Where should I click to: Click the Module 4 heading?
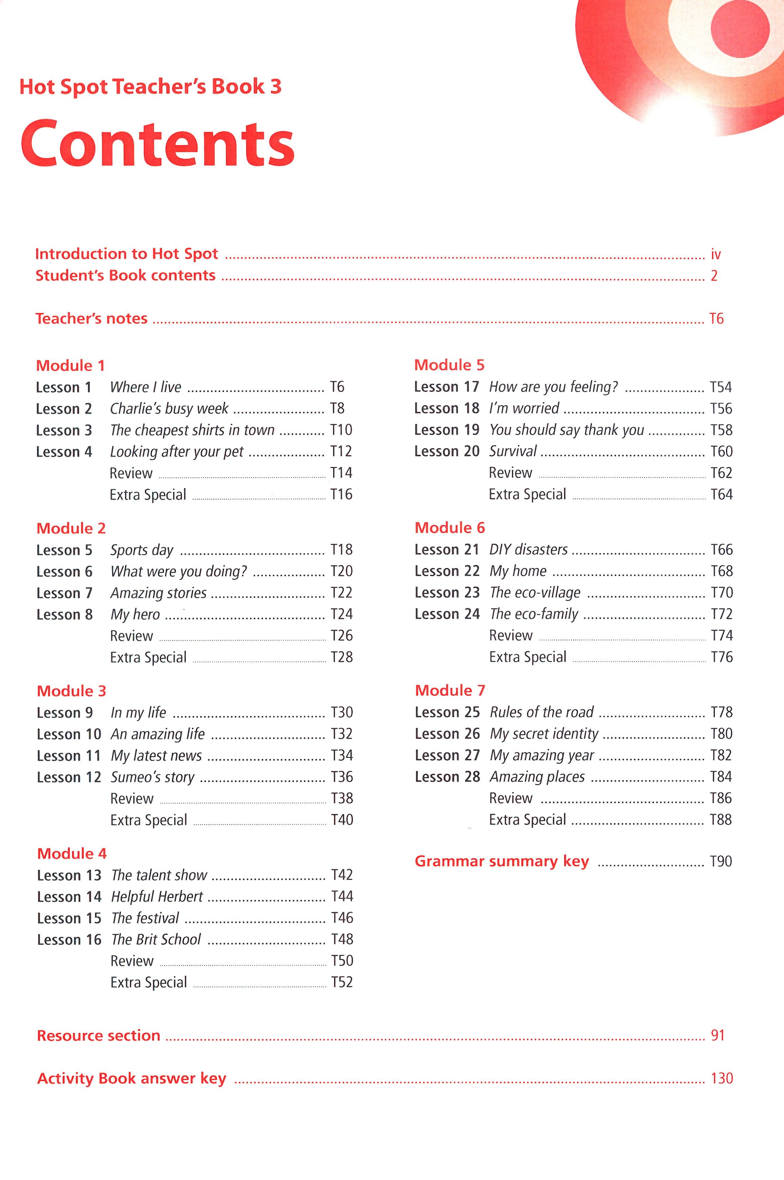click(x=72, y=854)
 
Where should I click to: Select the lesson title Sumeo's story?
click(x=152, y=777)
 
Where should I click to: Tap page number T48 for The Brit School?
click(x=342, y=939)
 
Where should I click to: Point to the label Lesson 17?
click(x=446, y=387)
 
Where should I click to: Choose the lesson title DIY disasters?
click(x=528, y=549)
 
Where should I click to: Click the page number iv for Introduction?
click(x=716, y=255)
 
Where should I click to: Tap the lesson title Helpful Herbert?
click(x=157, y=896)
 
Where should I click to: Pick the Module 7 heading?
click(x=450, y=691)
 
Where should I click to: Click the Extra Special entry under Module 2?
click(x=148, y=657)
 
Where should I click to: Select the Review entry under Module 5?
click(x=510, y=473)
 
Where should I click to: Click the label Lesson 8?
click(x=64, y=614)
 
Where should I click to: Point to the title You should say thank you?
click(x=566, y=430)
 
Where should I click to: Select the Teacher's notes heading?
click(x=91, y=319)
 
